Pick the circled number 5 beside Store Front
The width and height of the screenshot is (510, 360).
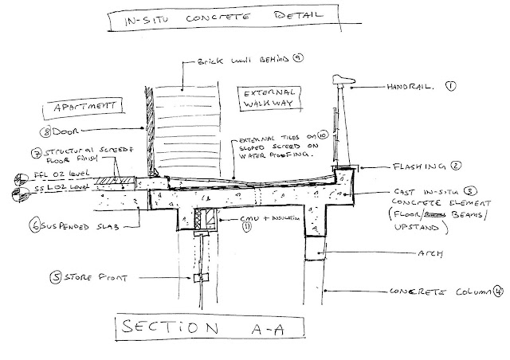point(54,279)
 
